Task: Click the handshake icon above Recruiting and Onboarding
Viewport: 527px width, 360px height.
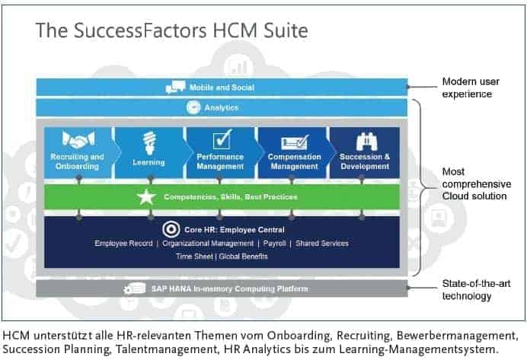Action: (x=78, y=139)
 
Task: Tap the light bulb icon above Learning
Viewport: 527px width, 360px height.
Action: (x=149, y=143)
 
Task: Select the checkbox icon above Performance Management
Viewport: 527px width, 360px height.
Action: (x=222, y=139)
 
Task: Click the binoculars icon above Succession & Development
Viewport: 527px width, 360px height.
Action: (x=366, y=142)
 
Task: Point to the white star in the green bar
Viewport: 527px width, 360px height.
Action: (x=146, y=197)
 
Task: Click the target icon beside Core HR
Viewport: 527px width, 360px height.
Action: (x=171, y=230)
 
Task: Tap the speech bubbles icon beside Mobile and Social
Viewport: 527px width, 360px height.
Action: (x=175, y=87)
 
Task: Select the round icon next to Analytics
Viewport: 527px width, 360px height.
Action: (x=193, y=107)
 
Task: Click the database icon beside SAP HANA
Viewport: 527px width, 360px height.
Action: (x=135, y=288)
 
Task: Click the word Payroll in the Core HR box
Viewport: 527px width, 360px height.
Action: (x=274, y=243)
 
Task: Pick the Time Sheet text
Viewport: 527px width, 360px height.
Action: (x=194, y=256)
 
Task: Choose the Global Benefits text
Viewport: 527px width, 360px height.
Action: (x=244, y=256)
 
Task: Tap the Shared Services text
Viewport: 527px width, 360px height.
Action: (x=322, y=243)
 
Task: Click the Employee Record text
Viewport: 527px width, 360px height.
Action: (x=123, y=243)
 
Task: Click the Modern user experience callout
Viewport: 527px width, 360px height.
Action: (x=471, y=88)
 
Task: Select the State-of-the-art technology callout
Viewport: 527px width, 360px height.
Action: (x=476, y=290)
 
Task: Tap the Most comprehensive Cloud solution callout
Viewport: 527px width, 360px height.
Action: (x=477, y=183)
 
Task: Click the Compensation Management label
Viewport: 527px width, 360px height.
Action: (x=295, y=161)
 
